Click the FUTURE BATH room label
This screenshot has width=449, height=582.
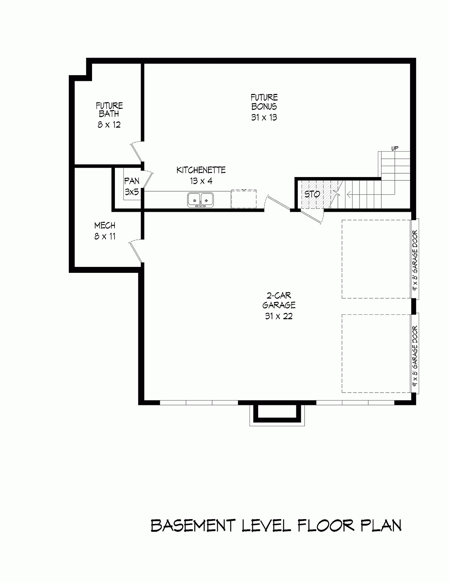pyautogui.click(x=109, y=110)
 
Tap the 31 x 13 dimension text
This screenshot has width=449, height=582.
pyautogui.click(x=264, y=118)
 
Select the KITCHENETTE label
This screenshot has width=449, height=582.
pyautogui.click(x=201, y=170)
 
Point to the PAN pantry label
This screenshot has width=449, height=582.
pyautogui.click(x=131, y=181)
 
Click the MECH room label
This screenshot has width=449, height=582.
pyautogui.click(x=105, y=226)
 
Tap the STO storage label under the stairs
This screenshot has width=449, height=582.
pyautogui.click(x=312, y=194)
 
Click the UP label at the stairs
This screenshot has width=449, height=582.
pyautogui.click(x=394, y=149)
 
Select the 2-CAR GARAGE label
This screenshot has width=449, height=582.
pyautogui.click(x=279, y=299)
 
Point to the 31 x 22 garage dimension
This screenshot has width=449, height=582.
pyautogui.click(x=279, y=316)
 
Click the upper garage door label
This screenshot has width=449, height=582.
pyautogui.click(x=415, y=259)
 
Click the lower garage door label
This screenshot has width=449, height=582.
pyautogui.click(x=415, y=356)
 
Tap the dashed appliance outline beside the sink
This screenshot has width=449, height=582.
pyautogui.click(x=244, y=199)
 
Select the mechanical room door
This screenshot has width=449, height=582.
pyautogui.click(x=135, y=251)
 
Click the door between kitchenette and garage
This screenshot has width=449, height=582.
pyautogui.click(x=277, y=203)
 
